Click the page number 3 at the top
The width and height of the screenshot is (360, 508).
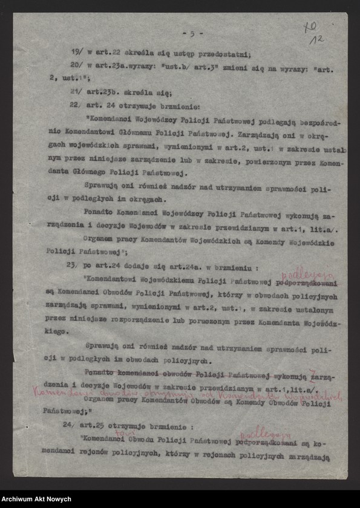[x=193, y=34]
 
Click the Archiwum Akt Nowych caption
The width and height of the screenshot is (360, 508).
[x=36, y=499]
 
